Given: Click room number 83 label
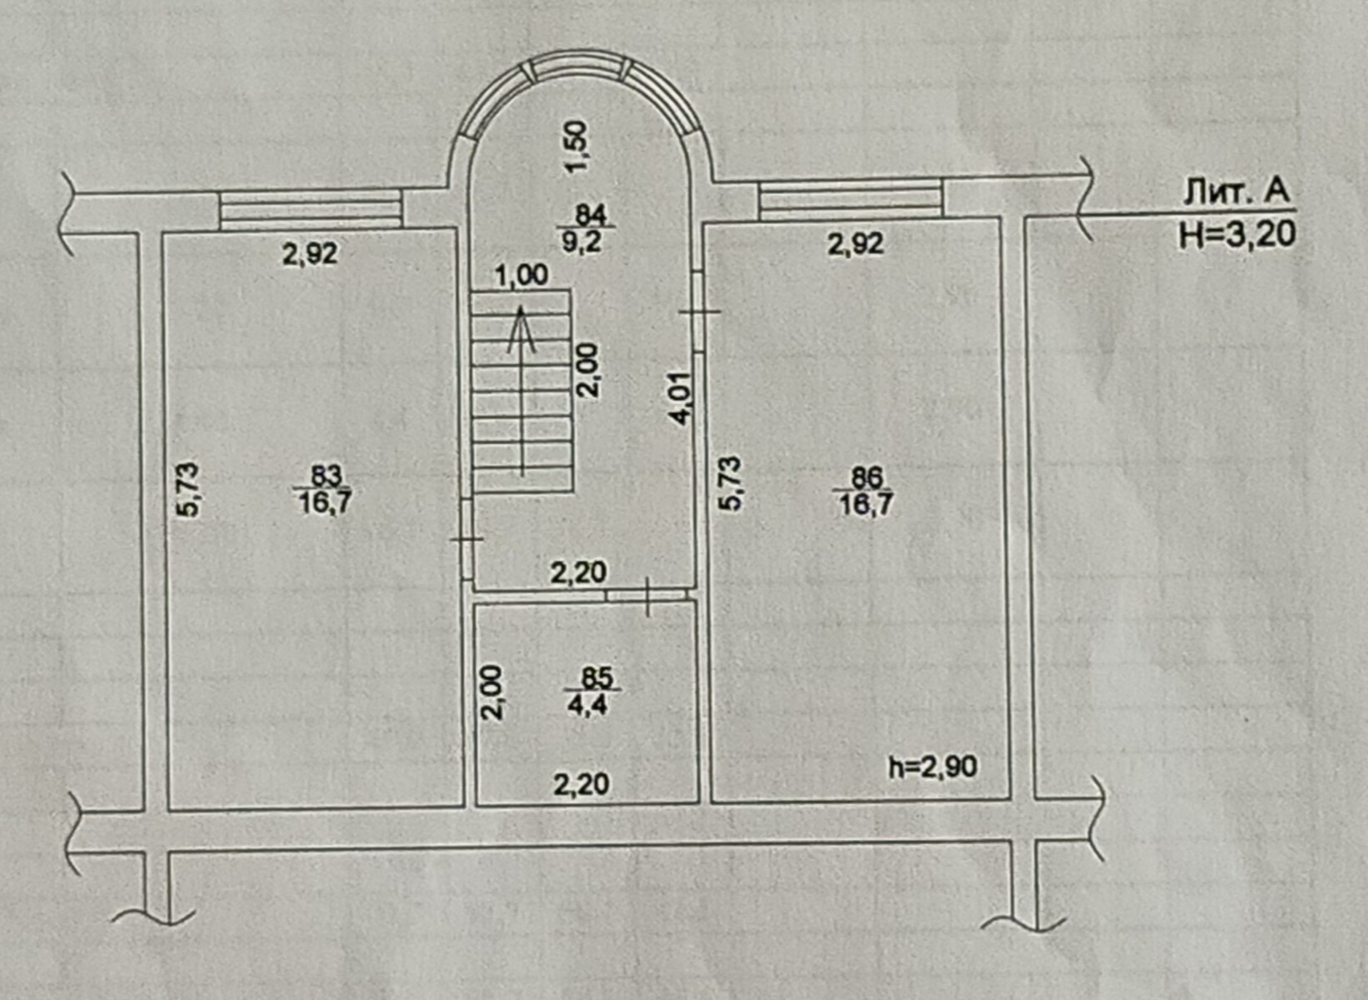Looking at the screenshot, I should click(x=326, y=476).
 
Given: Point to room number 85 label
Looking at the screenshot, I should click(x=596, y=678).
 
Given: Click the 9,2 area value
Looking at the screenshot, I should click(x=582, y=241).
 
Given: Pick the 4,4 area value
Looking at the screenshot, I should click(x=588, y=706).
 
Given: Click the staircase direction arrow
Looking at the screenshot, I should click(x=521, y=391).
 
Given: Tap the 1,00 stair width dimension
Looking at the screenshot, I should click(x=521, y=275).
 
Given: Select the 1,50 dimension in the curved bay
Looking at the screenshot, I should click(x=575, y=146).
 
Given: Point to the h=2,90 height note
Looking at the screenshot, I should click(x=933, y=766).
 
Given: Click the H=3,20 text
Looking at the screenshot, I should click(x=1237, y=235).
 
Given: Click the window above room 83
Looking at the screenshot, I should click(x=310, y=208).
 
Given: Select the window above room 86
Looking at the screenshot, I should click(x=850, y=201).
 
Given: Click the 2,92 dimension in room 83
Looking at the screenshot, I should click(x=310, y=254).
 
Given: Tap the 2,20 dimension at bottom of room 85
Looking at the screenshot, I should click(x=581, y=783).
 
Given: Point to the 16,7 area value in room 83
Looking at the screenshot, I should click(x=324, y=502).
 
